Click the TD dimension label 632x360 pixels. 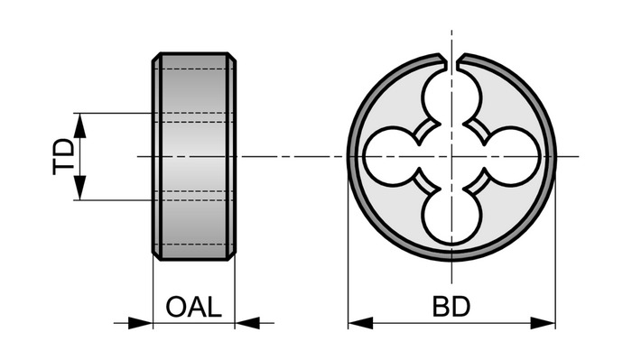click(64, 157)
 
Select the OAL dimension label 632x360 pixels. click(194, 307)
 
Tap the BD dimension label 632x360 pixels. click(451, 307)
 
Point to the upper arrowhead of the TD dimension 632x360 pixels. click(80, 125)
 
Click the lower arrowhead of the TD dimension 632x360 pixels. click(80, 188)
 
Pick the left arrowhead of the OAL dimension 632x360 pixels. click(140, 322)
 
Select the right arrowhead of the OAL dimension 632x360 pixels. click(247, 322)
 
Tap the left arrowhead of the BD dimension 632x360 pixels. click(360, 322)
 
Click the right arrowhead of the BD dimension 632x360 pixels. click(543, 322)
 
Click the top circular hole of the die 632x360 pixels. click(451, 97)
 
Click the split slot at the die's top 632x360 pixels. click(451, 61)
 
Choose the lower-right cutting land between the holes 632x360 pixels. click(477, 180)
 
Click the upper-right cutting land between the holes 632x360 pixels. click(477, 132)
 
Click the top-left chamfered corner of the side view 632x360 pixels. click(156, 57)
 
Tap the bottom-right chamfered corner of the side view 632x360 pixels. click(232, 256)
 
